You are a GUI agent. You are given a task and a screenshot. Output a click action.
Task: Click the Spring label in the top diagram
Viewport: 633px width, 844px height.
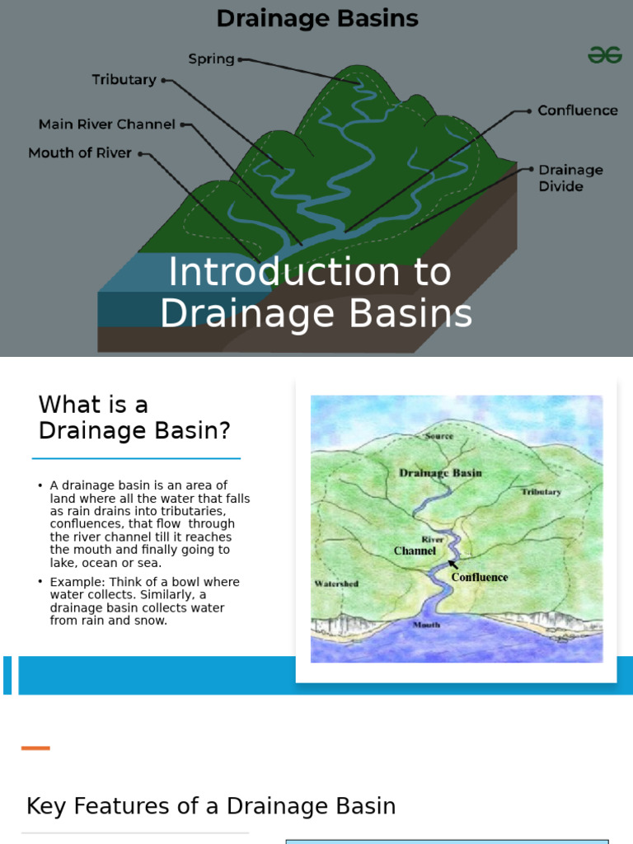[211, 59]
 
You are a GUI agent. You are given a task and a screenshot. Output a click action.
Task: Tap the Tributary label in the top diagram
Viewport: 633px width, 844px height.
[124, 80]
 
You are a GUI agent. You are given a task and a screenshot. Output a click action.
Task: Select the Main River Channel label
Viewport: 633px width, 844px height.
[107, 124]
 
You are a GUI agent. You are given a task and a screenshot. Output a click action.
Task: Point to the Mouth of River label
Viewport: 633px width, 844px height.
[80, 153]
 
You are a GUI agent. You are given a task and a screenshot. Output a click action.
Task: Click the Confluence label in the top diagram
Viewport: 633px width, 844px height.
[577, 110]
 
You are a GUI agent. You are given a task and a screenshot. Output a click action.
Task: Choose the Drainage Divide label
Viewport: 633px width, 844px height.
[570, 178]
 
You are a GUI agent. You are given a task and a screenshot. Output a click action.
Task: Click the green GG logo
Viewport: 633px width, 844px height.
[604, 55]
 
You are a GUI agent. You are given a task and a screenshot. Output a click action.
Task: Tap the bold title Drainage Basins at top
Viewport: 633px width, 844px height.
[316, 18]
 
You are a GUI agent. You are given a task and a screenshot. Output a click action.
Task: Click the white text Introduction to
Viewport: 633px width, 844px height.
[310, 273]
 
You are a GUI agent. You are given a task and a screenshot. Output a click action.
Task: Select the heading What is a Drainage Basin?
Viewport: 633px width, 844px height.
[134, 417]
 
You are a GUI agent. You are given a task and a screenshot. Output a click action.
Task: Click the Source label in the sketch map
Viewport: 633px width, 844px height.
[438, 436]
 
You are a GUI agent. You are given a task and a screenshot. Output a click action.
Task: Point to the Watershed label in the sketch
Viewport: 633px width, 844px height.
[336, 584]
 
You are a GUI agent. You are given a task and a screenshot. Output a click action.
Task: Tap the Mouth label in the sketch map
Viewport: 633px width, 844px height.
[426, 625]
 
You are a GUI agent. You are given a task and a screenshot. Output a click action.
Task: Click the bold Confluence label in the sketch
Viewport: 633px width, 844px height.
[480, 577]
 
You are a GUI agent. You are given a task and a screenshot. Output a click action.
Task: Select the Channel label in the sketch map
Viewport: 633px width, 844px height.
[415, 551]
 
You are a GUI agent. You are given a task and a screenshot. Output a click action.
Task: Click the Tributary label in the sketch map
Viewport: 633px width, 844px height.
[541, 492]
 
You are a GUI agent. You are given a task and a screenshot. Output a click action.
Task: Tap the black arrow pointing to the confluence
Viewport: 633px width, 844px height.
[452, 565]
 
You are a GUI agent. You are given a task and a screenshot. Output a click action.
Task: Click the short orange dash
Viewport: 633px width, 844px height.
[35, 748]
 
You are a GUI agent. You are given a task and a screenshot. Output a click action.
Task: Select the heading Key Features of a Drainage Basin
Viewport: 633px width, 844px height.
[211, 806]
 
